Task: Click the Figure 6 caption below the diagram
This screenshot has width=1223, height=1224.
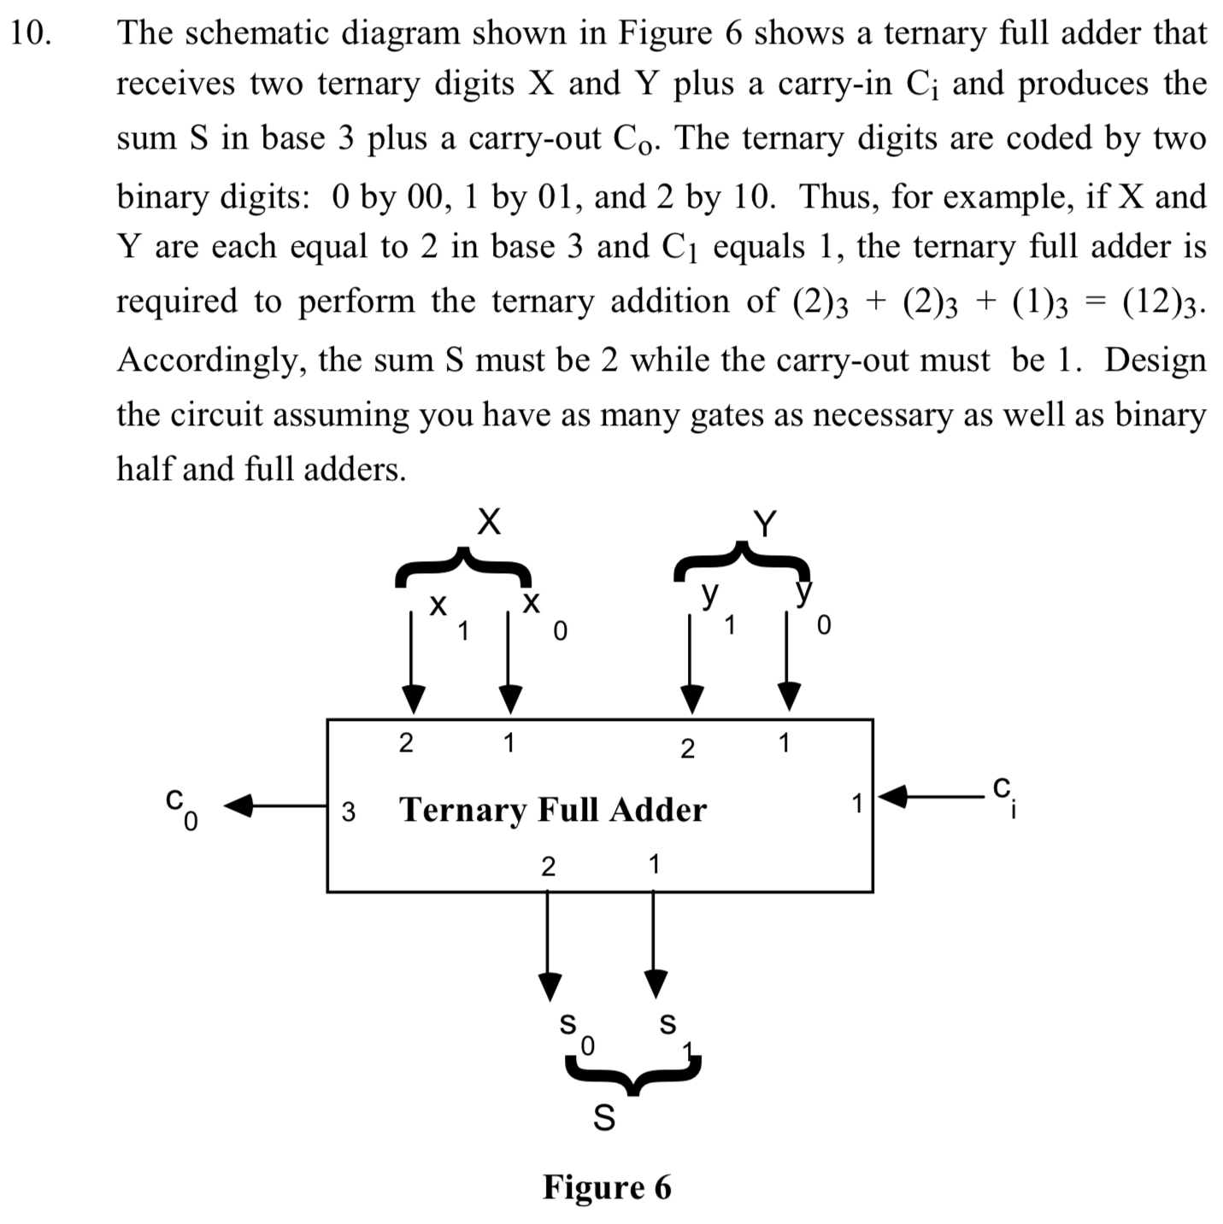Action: pyautogui.click(x=607, y=1186)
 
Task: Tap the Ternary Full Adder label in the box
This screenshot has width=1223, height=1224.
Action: pyautogui.click(x=553, y=809)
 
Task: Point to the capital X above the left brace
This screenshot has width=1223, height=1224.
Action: pyautogui.click(x=488, y=521)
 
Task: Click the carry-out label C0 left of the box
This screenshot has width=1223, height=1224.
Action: pyautogui.click(x=181, y=807)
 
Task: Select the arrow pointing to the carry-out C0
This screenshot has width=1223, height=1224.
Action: pyautogui.click(x=273, y=805)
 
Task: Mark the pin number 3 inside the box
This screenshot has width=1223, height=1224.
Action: pyautogui.click(x=348, y=811)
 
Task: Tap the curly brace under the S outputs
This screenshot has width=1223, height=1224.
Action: pyautogui.click(x=632, y=1073)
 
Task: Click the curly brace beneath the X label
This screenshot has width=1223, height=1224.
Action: pyautogui.click(x=462, y=567)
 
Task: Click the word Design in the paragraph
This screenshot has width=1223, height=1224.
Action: pyautogui.click(x=1155, y=360)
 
